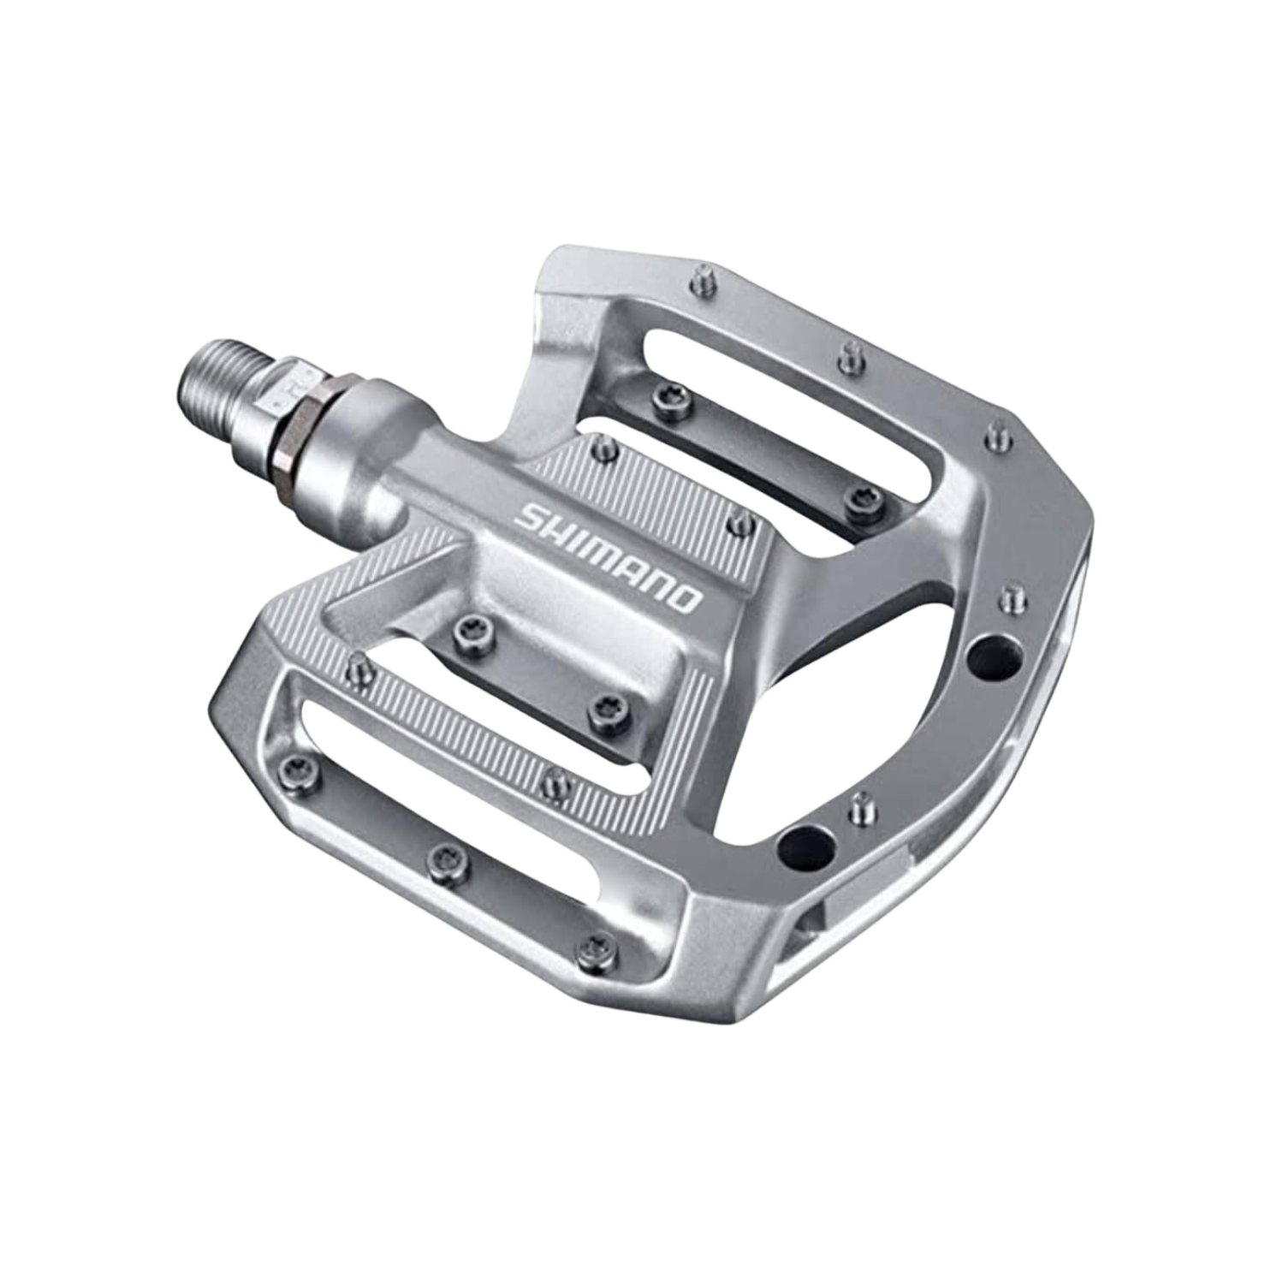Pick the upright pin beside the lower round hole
pyautogui.click(x=861, y=809)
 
